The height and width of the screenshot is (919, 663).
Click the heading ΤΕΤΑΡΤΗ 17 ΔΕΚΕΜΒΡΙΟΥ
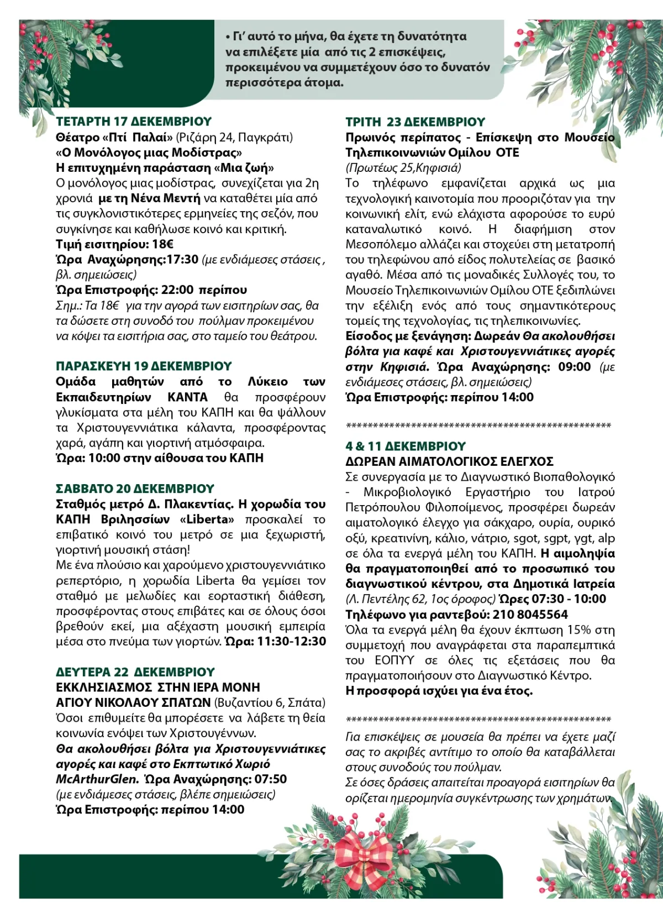coord(134,122)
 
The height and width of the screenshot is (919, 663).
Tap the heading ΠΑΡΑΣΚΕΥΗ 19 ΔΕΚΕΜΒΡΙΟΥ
coord(144,366)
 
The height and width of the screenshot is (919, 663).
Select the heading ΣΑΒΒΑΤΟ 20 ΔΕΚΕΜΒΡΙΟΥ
coord(135,489)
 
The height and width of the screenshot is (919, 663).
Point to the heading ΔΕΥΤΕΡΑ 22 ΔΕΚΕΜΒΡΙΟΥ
coord(135,673)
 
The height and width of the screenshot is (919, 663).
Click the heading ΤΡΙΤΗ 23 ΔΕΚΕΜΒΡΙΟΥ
coord(415,122)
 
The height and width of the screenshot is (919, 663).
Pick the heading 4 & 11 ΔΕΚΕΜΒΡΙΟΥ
coord(406,447)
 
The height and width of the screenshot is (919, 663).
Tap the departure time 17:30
coord(182,260)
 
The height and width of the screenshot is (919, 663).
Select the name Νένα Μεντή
coord(165,198)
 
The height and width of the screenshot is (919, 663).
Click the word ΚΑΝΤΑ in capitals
coord(188,397)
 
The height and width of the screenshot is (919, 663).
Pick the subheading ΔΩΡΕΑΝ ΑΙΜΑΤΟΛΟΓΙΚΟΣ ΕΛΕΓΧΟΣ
coord(449,462)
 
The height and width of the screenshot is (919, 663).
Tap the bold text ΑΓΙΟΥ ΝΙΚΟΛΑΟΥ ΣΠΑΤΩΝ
coord(133,703)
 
